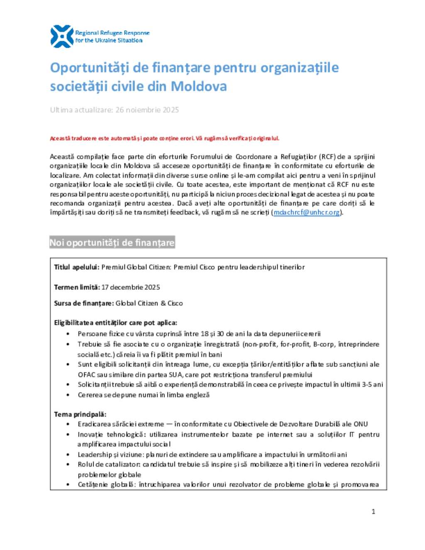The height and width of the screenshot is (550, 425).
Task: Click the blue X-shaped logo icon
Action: [x=62, y=37]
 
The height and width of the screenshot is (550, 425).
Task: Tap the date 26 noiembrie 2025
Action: [x=147, y=110]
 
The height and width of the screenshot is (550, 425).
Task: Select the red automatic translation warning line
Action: [x=164, y=138]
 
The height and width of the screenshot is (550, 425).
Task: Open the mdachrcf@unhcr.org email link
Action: [x=307, y=213]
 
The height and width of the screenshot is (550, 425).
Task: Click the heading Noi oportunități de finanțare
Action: [x=112, y=243]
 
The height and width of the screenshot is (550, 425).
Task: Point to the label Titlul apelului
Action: [x=76, y=267]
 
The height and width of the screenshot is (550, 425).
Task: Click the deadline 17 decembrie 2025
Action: [x=131, y=287]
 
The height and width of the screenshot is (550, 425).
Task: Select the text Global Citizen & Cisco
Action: [x=149, y=303]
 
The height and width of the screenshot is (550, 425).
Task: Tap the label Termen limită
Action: [x=77, y=287]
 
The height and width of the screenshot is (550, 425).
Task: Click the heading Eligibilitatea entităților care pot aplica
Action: [x=115, y=323]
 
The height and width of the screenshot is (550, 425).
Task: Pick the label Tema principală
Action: [x=80, y=414]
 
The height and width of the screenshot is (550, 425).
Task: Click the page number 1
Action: [x=373, y=511]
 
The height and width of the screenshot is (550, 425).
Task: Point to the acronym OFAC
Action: [x=86, y=375]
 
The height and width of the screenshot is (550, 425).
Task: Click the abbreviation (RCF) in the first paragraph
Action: [x=327, y=157]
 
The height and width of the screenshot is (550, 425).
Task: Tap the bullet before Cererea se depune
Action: [x=68, y=395]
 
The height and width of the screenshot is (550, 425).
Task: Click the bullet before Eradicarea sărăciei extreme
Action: [x=68, y=424]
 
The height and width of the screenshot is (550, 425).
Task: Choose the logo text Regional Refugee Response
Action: [x=112, y=33]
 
